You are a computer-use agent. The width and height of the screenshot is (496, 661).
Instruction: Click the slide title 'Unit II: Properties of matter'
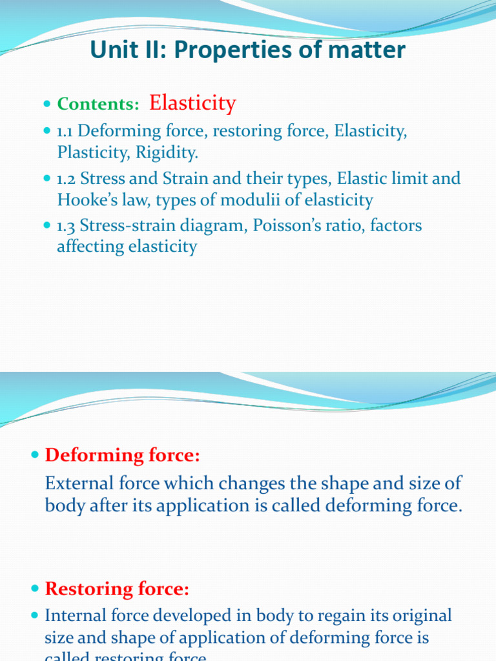[248, 50]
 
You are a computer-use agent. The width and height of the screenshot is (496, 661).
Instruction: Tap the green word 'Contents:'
[98, 105]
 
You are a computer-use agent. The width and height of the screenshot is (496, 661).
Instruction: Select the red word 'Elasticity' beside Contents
[192, 103]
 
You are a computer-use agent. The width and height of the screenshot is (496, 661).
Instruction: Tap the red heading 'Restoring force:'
[117, 589]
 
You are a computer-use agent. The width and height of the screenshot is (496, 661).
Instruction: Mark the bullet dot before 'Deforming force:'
[36, 456]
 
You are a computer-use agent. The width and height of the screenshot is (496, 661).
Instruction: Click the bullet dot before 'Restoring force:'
[36, 589]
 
